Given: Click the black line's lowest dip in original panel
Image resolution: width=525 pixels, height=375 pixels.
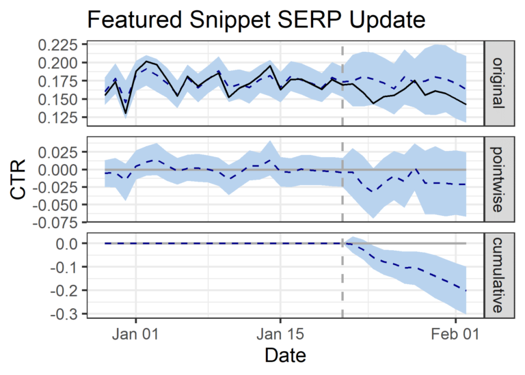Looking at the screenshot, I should tap(125, 113).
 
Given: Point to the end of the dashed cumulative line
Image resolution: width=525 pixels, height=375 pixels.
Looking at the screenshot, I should tap(466, 291).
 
